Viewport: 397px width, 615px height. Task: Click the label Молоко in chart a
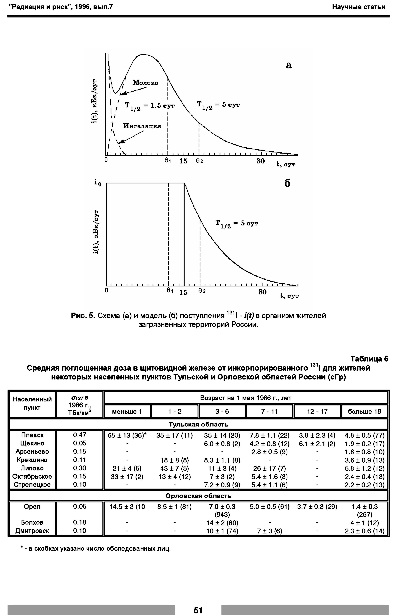coord(145,83)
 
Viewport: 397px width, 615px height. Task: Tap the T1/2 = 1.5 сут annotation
coord(150,106)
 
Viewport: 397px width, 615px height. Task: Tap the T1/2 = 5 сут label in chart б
coord(236,224)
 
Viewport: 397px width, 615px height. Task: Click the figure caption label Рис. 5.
coord(83,316)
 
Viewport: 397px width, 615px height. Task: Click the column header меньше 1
coord(127,412)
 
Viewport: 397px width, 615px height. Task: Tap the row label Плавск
coord(32,435)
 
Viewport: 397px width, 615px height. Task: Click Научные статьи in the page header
coord(359,7)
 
